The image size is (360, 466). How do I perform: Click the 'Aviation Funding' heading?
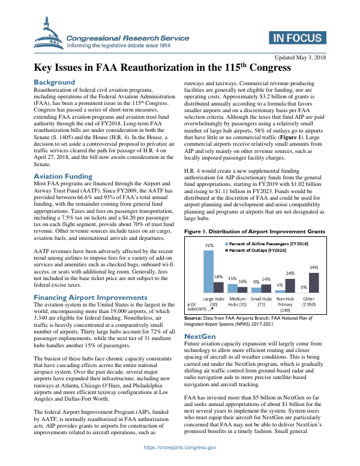(x=63, y=176)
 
